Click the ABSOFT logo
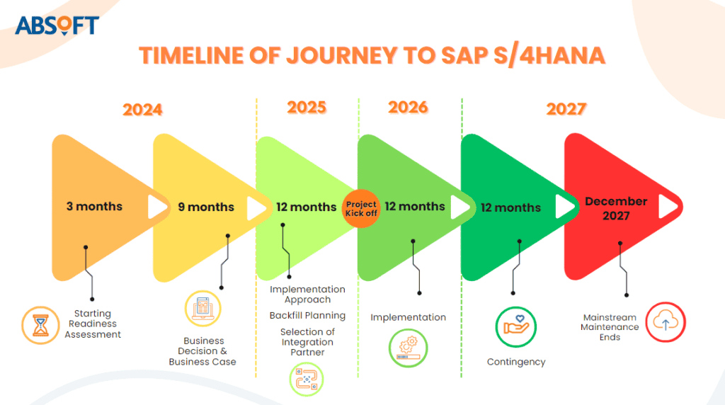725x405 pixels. (x=57, y=25)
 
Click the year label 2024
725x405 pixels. (x=142, y=110)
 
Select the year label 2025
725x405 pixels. (x=307, y=107)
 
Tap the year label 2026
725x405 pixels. (x=408, y=107)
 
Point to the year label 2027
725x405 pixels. (x=566, y=109)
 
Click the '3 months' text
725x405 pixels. (x=94, y=207)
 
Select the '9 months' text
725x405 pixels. (x=205, y=207)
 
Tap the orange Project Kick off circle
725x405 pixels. (x=361, y=209)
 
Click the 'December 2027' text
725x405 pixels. (x=615, y=208)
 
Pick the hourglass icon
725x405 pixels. (x=41, y=325)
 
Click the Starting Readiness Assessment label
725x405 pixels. (x=93, y=324)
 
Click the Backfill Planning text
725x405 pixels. (x=307, y=315)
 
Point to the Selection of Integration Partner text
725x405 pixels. (x=307, y=342)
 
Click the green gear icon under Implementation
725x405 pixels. (x=408, y=348)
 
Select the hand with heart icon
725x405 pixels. (x=515, y=326)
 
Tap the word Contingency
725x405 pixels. (x=516, y=362)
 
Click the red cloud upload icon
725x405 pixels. (x=665, y=322)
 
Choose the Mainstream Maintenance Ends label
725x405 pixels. (x=610, y=327)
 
